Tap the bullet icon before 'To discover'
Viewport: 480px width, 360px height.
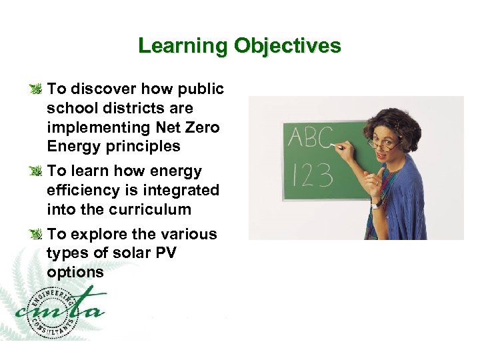(38, 89)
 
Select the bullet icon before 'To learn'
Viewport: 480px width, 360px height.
(38, 172)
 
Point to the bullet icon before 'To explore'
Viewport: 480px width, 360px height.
(38, 235)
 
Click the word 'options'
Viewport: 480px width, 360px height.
(75, 272)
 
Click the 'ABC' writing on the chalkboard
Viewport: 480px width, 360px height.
(310, 138)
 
